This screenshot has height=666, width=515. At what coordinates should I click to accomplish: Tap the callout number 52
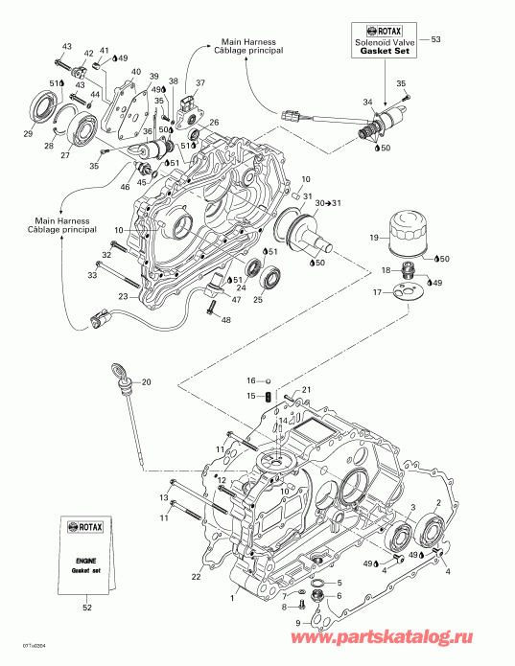point(86,607)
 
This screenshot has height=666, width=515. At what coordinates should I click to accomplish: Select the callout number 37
point(200,83)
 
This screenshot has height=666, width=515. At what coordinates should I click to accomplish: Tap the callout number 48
point(226,320)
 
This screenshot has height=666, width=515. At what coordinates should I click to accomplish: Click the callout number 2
point(438,502)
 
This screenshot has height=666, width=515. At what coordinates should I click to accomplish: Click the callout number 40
point(135,72)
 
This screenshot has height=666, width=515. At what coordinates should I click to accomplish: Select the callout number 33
point(92,275)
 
